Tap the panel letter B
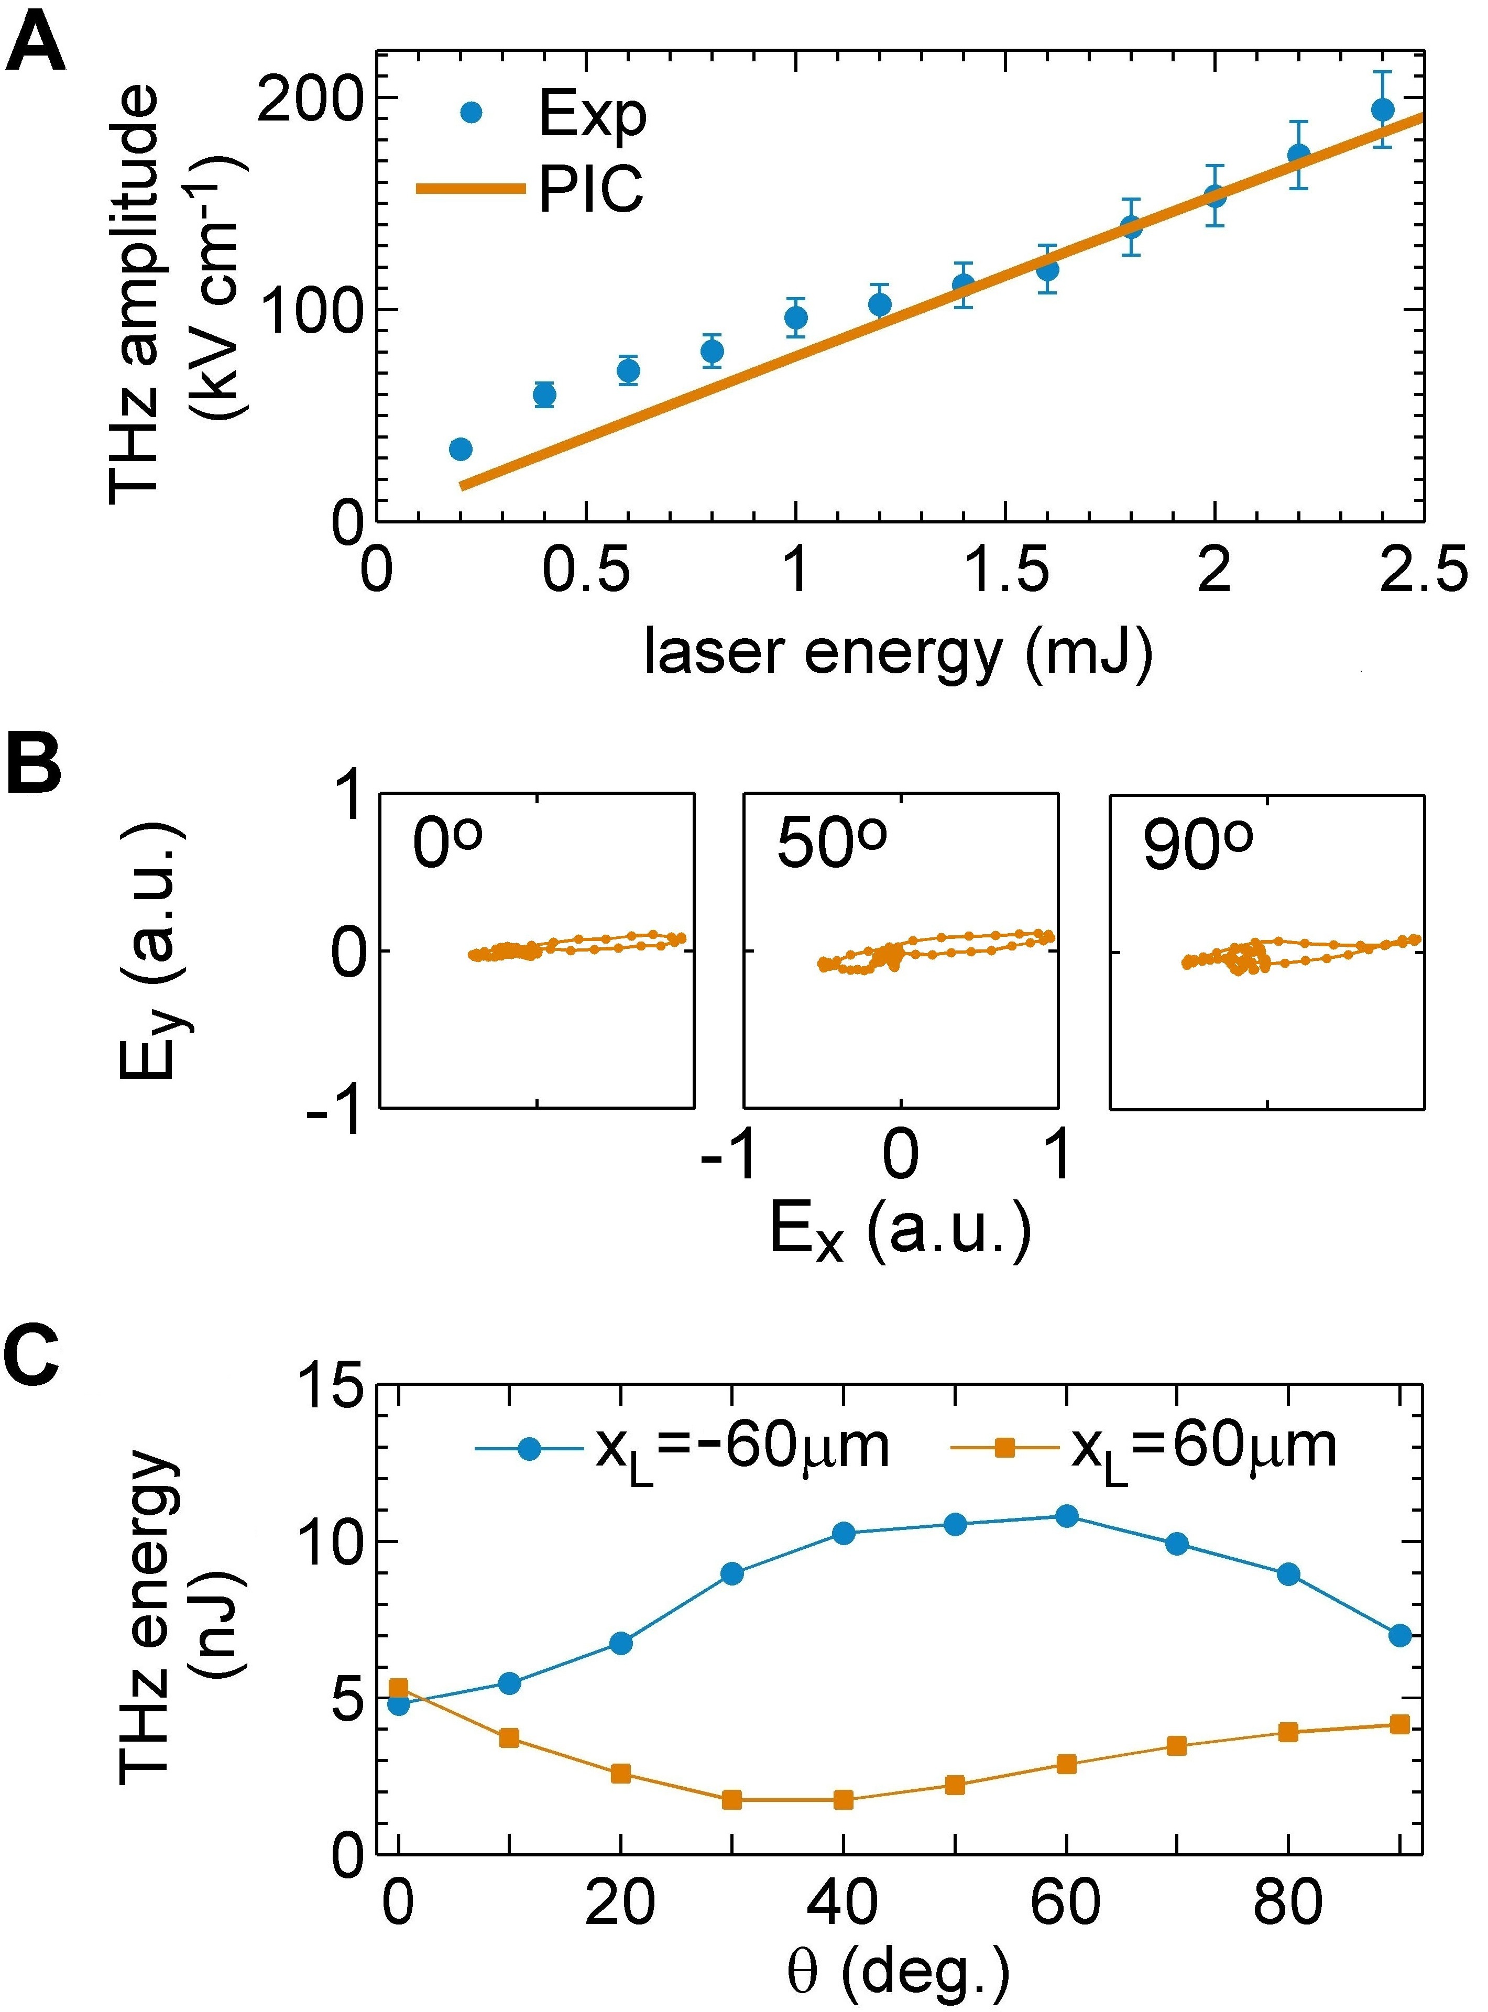(34, 764)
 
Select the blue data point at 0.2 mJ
(460, 449)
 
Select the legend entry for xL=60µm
(1144, 1447)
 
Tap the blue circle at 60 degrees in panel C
(1066, 1516)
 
